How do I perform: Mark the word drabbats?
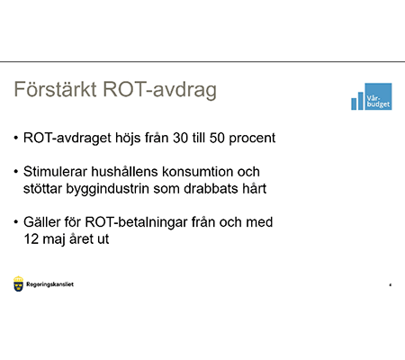tap(223, 189)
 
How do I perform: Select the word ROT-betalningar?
tap(139, 222)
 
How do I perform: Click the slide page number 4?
tap(389, 285)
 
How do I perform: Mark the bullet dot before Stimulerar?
tap(15, 173)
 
